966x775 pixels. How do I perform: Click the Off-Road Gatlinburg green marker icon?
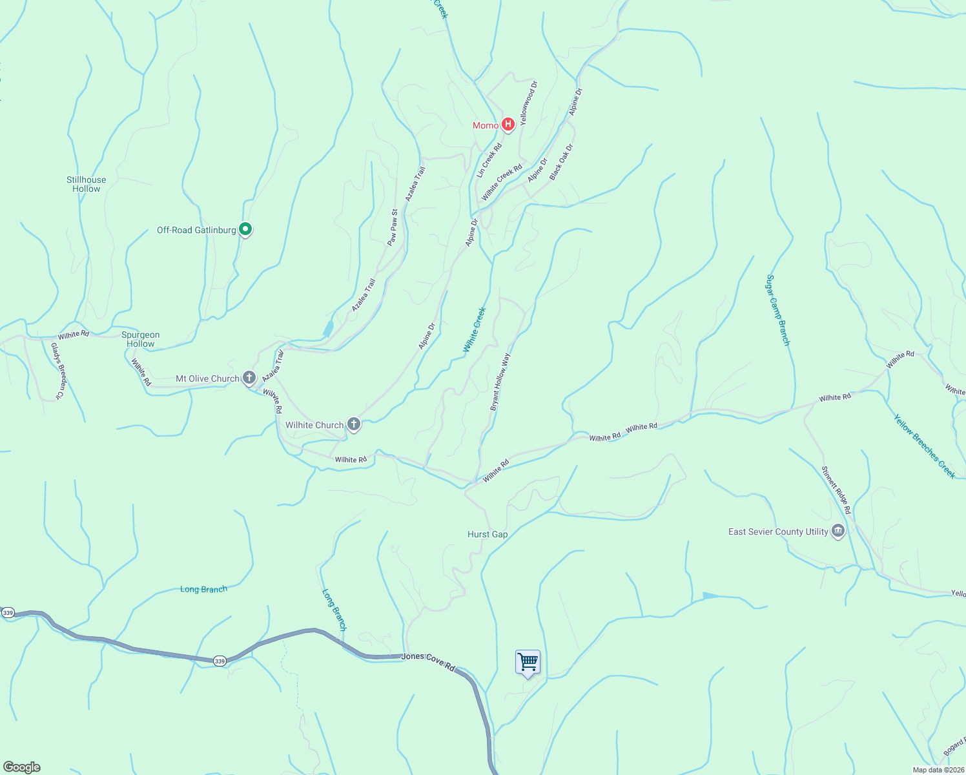click(245, 229)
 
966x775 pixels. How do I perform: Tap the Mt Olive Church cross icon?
click(249, 378)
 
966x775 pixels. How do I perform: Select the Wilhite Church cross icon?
click(353, 424)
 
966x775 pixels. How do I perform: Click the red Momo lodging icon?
click(508, 125)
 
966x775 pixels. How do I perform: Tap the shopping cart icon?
click(528, 662)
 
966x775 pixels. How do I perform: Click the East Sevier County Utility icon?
click(838, 532)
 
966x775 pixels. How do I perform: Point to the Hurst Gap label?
click(488, 534)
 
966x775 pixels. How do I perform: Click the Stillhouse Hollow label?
click(87, 184)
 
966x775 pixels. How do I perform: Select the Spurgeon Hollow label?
click(141, 339)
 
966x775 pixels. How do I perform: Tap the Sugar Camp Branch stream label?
click(777, 310)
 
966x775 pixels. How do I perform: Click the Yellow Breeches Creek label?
click(924, 446)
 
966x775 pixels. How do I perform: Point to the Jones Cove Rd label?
click(428, 661)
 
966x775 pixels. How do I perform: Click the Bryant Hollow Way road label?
click(500, 382)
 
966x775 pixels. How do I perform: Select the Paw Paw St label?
click(393, 227)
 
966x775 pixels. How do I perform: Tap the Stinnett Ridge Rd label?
click(836, 490)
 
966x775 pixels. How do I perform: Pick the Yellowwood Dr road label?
click(528, 103)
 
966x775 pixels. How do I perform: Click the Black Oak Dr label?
click(561, 162)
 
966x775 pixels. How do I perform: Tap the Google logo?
click(22, 767)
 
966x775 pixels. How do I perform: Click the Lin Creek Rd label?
click(489, 161)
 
